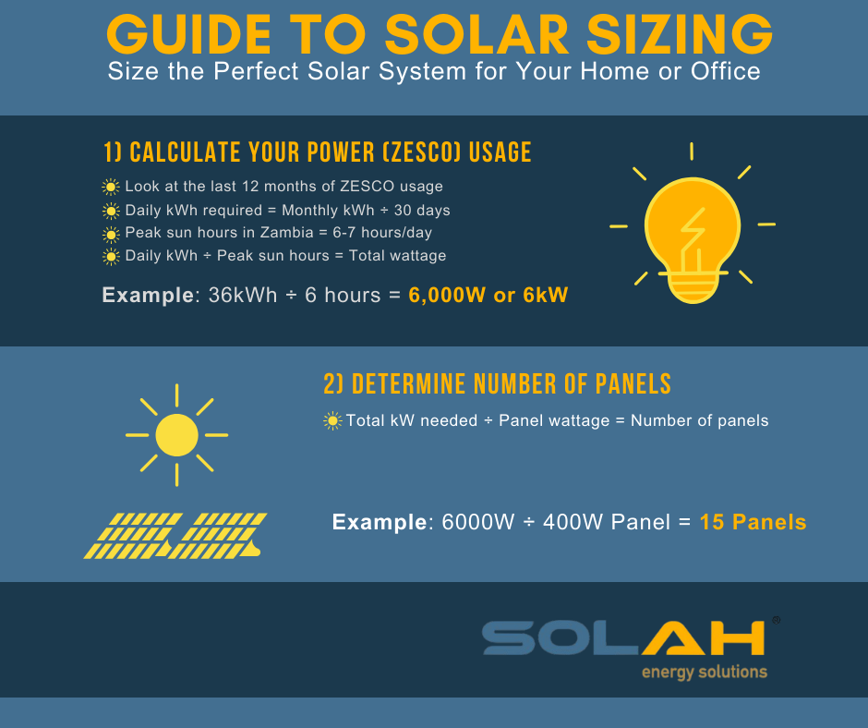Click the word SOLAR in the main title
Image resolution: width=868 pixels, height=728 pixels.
[477, 34]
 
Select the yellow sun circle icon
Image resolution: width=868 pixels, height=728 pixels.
[176, 435]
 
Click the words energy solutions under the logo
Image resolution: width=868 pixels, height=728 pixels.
[705, 672]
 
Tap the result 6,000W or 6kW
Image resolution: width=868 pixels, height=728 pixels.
[488, 295]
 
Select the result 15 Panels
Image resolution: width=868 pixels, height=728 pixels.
[753, 522]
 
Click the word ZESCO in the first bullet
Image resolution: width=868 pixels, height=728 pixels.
[368, 186]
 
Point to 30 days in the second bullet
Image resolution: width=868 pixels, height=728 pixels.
[422, 211]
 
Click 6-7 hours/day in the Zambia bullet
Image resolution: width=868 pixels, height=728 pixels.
[382, 233]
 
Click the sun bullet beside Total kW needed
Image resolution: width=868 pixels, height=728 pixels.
[332, 421]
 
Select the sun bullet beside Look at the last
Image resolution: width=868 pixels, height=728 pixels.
[111, 187]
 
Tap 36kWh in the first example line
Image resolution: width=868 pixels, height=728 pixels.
[243, 295]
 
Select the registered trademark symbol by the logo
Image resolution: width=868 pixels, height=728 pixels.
[776, 620]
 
